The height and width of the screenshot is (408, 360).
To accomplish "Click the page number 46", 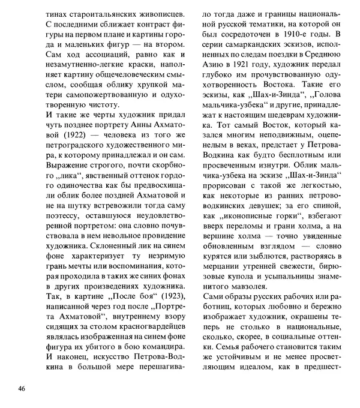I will click(22, 389).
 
